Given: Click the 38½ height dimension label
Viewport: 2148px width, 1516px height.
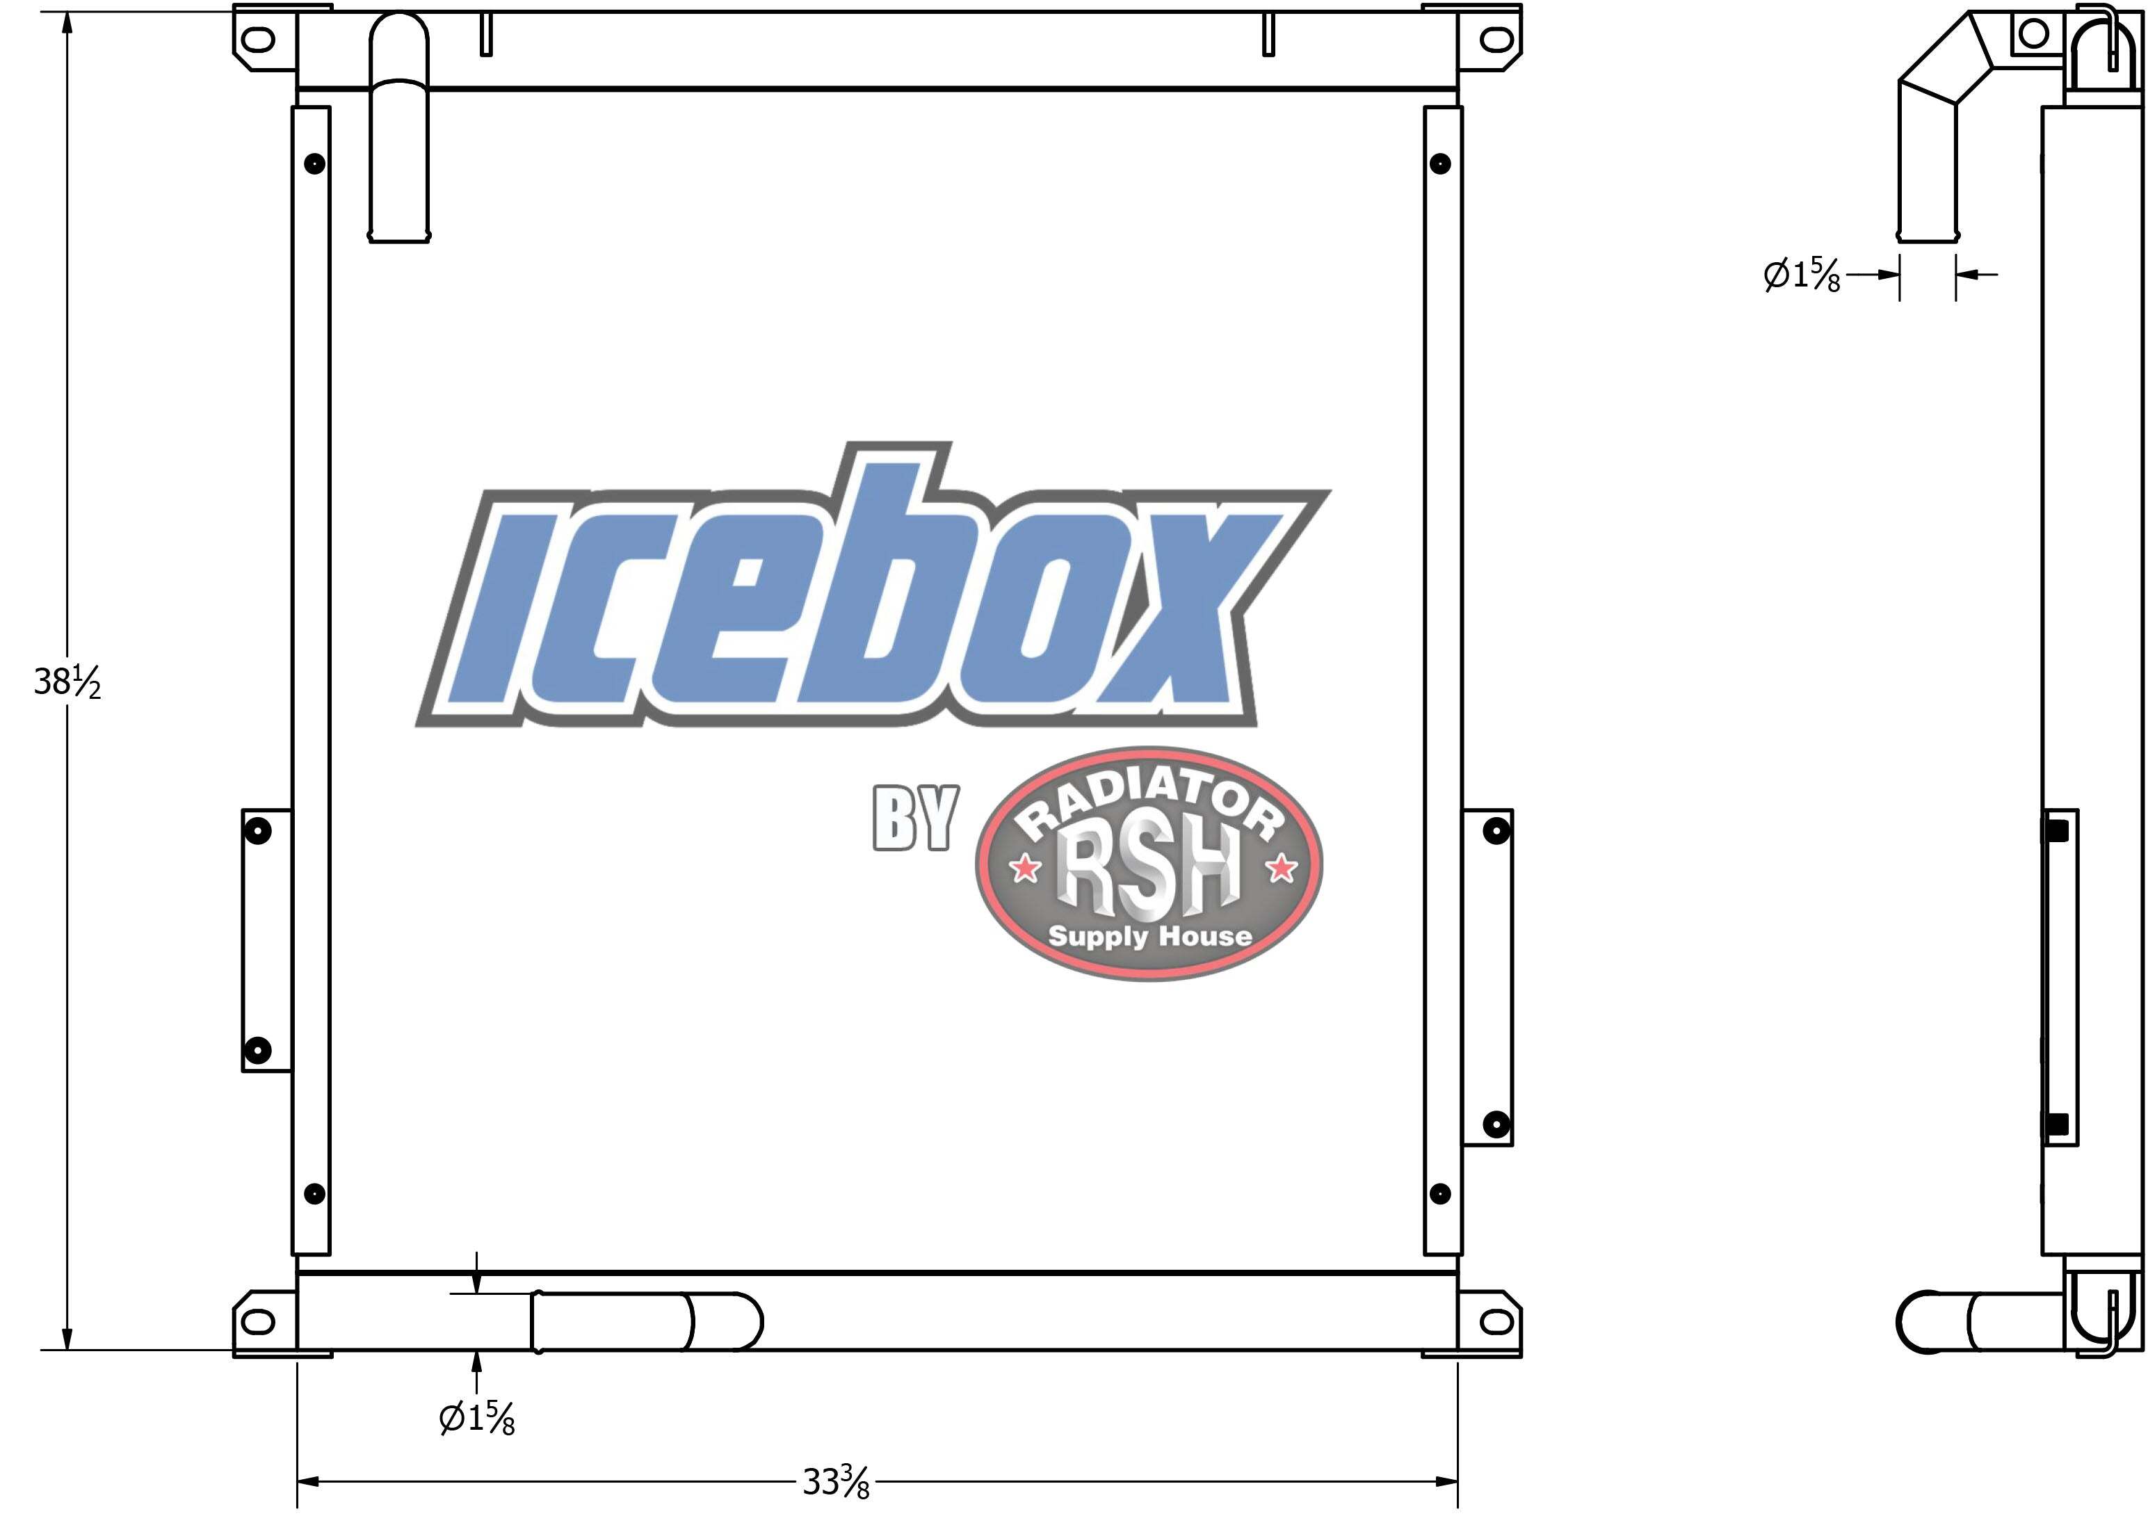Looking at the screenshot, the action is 67,683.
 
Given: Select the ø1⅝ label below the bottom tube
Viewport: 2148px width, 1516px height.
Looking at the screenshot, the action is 477,1419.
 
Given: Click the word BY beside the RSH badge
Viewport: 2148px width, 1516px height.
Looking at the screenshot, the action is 915,818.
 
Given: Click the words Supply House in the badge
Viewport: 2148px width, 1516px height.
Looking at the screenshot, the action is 1149,936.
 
